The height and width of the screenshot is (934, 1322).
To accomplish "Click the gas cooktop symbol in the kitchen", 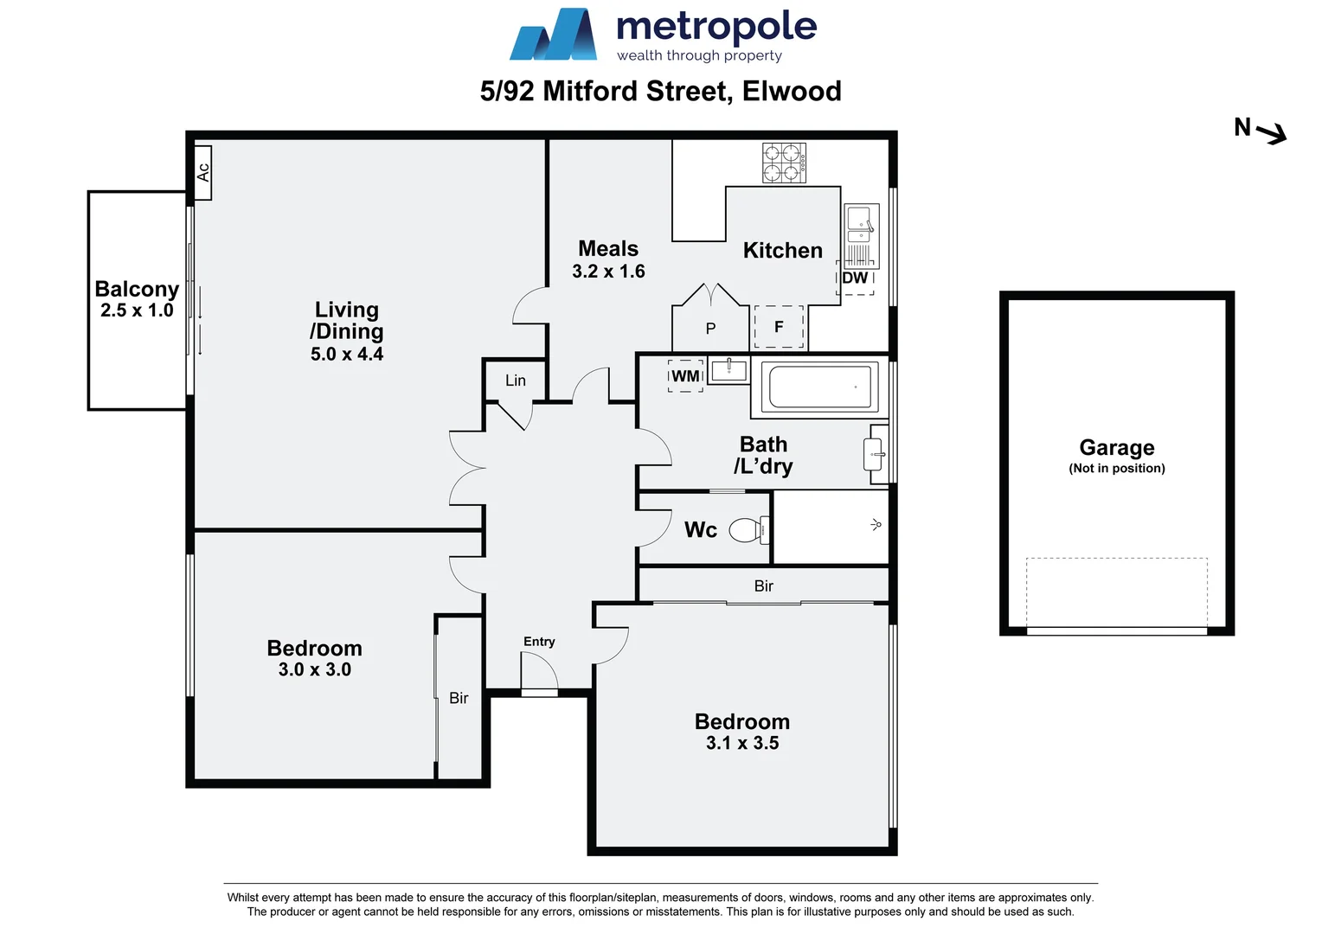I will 784,163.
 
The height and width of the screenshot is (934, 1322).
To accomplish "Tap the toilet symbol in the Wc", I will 748,529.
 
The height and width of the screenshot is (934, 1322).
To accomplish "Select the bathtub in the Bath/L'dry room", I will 820,387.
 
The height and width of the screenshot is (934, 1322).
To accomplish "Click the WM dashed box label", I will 685,376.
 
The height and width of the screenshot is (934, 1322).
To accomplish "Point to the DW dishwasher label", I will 855,278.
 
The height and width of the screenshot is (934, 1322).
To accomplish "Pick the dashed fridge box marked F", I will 779,327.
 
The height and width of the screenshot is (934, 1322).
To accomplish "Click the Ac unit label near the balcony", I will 203,172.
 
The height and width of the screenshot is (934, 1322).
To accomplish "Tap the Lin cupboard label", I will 516,381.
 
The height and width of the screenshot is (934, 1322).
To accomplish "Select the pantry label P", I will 710,329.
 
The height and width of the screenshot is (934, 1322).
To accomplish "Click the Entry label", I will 539,642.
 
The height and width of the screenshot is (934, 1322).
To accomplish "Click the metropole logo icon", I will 554,35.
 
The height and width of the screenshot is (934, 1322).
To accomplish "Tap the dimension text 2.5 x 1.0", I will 137,310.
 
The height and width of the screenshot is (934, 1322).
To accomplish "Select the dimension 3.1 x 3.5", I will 742,743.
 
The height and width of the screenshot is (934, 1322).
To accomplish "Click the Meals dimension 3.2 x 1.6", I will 608,272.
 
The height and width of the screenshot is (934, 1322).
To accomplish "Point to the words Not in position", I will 1116,469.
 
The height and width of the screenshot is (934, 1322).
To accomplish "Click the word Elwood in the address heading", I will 792,91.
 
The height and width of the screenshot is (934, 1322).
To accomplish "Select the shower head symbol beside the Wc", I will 876,524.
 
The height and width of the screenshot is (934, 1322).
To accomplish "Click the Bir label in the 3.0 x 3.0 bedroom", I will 459,698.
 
